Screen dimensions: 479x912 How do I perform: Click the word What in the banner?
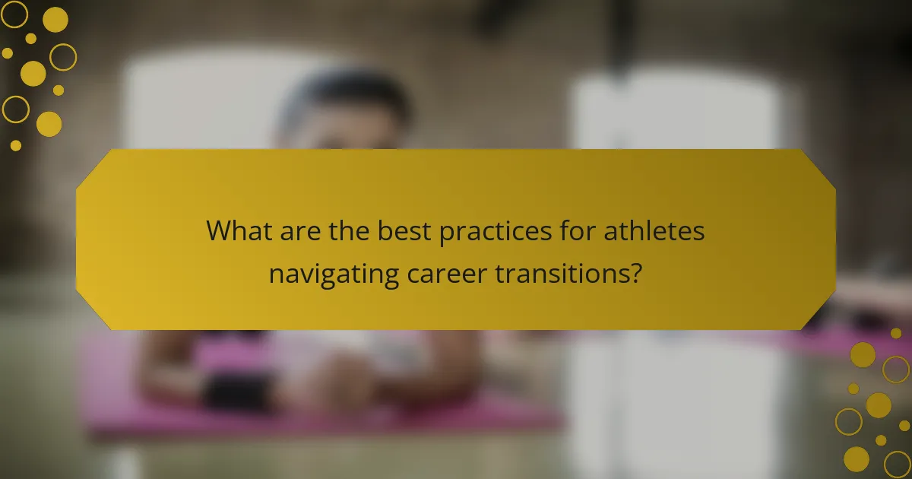coord(238,231)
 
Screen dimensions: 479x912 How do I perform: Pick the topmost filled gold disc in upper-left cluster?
coord(55,20)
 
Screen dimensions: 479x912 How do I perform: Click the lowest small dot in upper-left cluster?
coord(16,144)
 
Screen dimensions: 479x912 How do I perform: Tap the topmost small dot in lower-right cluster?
coord(896,333)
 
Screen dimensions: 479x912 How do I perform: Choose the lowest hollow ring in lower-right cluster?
coord(898,463)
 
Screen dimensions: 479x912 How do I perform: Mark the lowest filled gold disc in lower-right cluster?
coord(857,458)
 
